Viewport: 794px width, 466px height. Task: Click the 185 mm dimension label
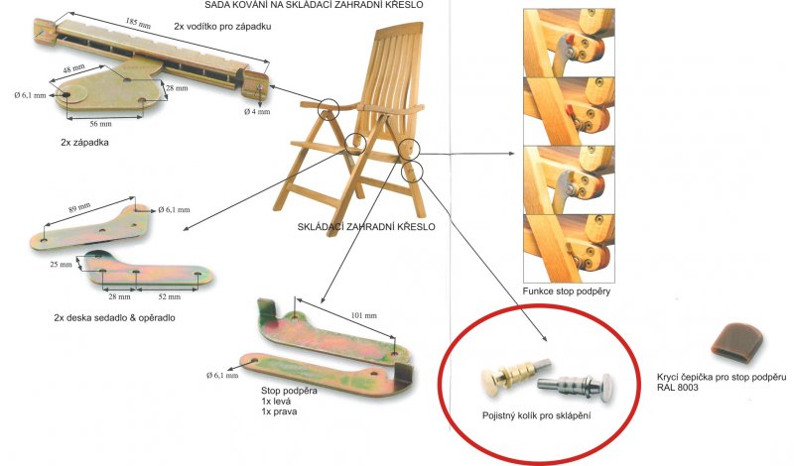139,23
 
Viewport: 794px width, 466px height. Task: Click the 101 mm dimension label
364,315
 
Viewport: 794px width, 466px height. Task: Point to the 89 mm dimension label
79,208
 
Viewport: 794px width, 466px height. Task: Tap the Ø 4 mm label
257,111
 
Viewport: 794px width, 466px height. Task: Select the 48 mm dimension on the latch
73,68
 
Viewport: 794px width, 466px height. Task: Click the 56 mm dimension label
100,124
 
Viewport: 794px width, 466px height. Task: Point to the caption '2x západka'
84,142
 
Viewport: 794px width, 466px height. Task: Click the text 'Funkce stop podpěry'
567,291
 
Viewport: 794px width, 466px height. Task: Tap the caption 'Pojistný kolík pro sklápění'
537,415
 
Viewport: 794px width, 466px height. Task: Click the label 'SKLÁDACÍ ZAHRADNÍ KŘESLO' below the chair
366,227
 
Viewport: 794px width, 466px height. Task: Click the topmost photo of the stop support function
569,43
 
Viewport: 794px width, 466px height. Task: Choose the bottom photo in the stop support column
569,249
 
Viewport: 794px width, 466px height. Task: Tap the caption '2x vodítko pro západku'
222,27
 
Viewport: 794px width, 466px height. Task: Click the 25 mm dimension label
61,264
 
